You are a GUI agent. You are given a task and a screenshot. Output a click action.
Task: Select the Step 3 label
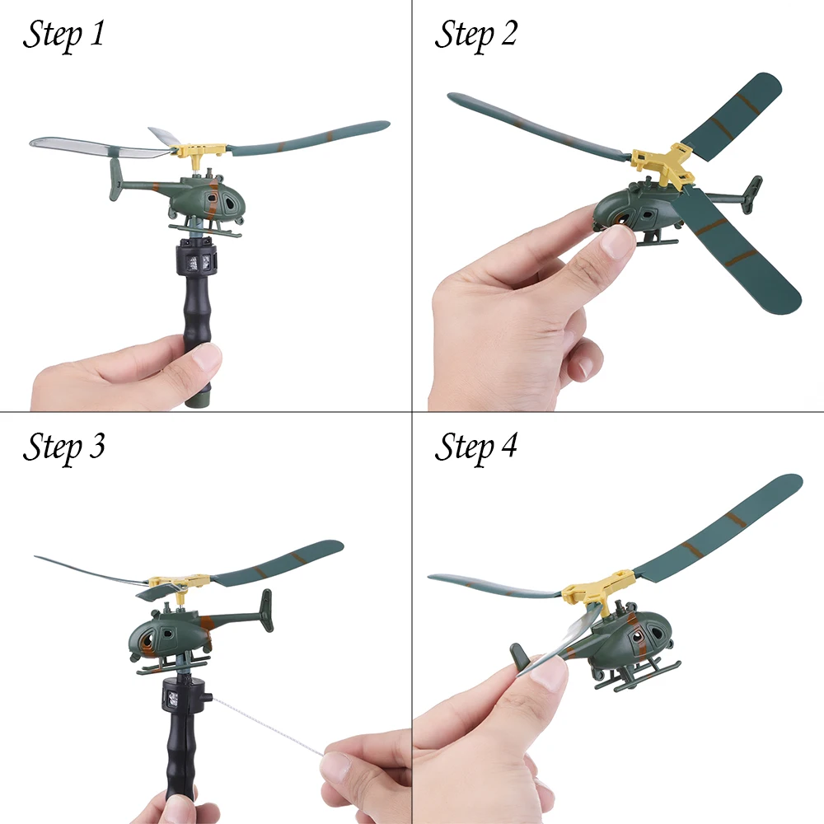(x=63, y=447)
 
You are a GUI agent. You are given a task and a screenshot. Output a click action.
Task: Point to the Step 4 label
(x=475, y=447)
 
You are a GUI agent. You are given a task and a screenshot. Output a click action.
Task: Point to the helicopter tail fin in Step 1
(x=116, y=179)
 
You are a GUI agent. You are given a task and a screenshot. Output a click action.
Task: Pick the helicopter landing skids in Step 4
(x=639, y=672)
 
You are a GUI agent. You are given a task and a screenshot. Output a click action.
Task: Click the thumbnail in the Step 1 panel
(x=206, y=359)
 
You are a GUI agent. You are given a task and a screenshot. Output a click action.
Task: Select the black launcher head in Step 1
(x=195, y=256)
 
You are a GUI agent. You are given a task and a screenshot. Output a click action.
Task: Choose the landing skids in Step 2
(x=657, y=239)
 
